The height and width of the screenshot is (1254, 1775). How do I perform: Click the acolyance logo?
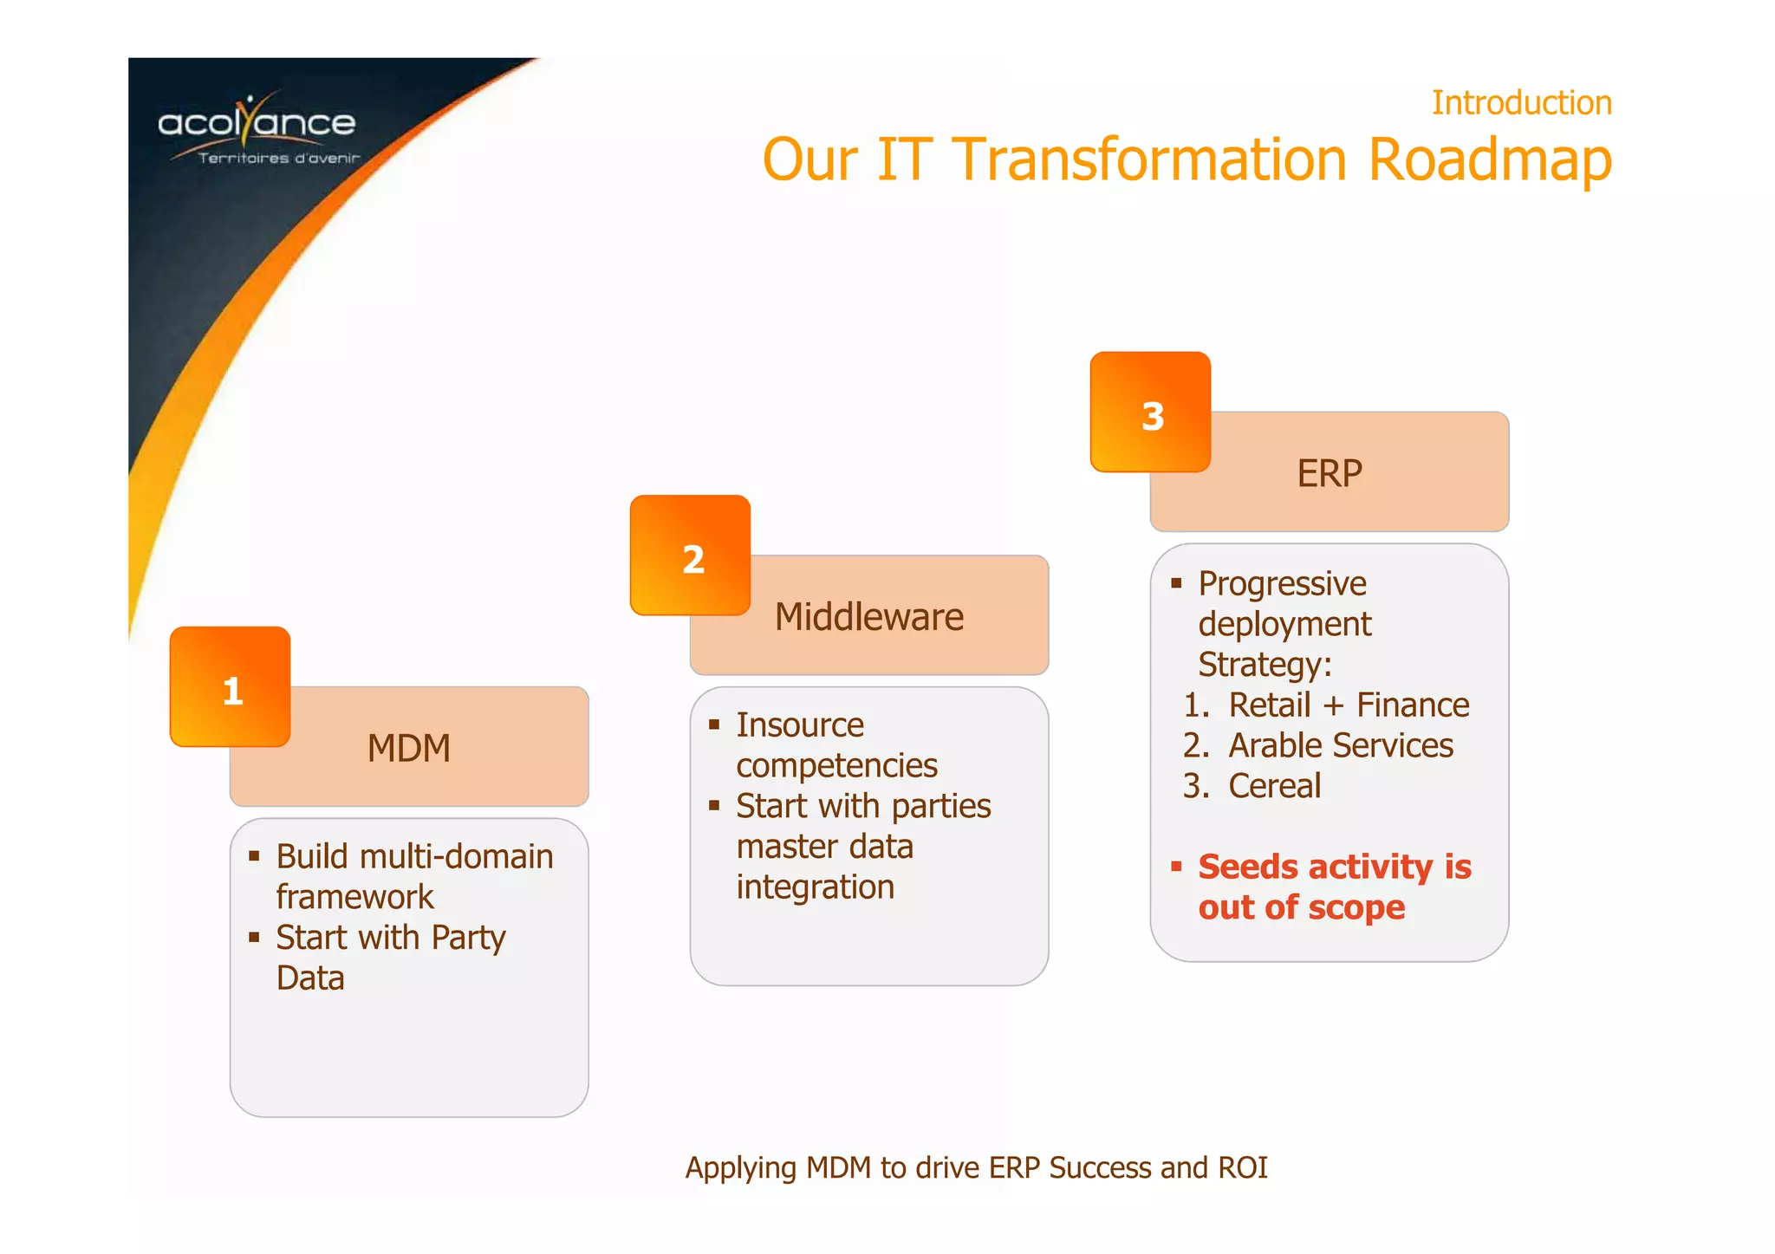click(x=256, y=123)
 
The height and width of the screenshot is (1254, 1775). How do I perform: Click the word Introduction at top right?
click(x=1521, y=103)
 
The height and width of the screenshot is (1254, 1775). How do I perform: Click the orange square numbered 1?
click(x=231, y=687)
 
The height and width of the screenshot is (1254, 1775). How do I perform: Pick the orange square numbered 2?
click(x=690, y=556)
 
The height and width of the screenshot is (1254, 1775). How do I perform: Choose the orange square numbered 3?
click(x=1150, y=413)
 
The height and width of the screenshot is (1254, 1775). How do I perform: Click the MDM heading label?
click(x=409, y=748)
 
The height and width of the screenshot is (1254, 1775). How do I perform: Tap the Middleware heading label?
click(x=868, y=617)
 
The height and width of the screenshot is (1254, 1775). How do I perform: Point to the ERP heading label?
click(x=1329, y=474)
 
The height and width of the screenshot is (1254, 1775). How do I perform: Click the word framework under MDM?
click(x=354, y=897)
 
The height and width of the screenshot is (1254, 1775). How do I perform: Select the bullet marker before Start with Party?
click(x=254, y=937)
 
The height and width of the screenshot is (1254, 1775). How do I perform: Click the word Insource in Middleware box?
click(x=799, y=725)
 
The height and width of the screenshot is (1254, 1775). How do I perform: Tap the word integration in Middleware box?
click(x=815, y=887)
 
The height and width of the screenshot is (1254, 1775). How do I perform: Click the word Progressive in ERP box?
click(x=1282, y=584)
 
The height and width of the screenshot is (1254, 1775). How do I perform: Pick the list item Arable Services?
click(x=1340, y=746)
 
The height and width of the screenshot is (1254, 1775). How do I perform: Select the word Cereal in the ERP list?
click(x=1274, y=786)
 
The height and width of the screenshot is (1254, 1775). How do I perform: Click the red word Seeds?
click(x=1248, y=867)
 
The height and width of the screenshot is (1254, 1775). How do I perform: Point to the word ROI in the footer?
click(x=1242, y=1168)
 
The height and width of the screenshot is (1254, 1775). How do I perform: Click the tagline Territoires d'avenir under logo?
click(x=278, y=159)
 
